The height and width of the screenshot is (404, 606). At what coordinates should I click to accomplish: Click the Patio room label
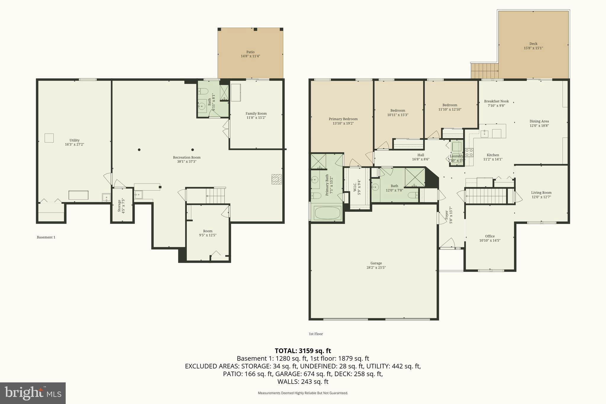pos(250,52)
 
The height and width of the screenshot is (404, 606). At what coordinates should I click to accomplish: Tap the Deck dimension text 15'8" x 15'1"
pos(533,48)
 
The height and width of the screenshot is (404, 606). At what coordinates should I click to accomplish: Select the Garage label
pos(376,263)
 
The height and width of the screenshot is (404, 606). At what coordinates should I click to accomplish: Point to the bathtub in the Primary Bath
pos(327,213)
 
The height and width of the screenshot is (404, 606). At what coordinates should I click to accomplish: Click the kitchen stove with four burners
pos(469,153)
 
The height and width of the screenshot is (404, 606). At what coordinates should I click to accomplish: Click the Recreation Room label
pos(187,157)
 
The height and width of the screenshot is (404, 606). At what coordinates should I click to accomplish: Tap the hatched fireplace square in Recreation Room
pos(276,179)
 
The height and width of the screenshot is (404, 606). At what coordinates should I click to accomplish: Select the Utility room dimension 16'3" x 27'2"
pos(75,144)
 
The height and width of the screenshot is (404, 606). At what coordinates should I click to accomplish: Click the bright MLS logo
pos(33,393)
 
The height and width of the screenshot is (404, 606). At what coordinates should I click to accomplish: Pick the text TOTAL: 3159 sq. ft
pos(303,351)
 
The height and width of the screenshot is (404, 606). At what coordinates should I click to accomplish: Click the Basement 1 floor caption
pos(46,237)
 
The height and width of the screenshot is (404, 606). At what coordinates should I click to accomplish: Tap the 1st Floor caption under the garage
pos(316,334)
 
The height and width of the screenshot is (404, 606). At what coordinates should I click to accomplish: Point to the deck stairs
pos(484,71)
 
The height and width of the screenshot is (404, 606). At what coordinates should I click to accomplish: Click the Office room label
pos(490,236)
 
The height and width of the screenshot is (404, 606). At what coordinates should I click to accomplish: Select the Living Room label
pos(541,193)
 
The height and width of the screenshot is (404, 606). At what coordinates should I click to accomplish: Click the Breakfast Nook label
pos(496,101)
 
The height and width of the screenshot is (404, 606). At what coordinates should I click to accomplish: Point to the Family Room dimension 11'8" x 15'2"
pos(256,118)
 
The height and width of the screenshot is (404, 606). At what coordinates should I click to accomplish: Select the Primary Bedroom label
pos(343,119)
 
